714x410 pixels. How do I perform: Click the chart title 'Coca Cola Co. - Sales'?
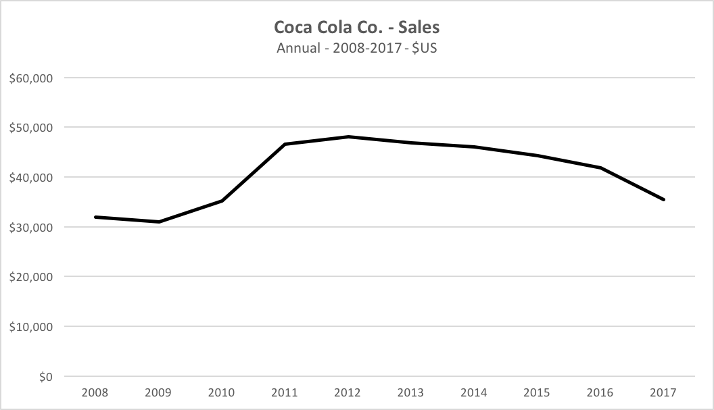pyautogui.click(x=356, y=28)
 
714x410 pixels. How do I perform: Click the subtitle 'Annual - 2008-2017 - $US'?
pyautogui.click(x=356, y=49)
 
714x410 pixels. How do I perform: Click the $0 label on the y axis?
pyautogui.click(x=45, y=376)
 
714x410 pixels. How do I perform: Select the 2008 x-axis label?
pyautogui.click(x=95, y=392)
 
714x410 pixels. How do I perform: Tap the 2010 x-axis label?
pyautogui.click(x=222, y=392)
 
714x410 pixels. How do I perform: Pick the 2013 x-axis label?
pyautogui.click(x=411, y=392)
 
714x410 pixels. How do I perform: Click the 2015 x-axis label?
pyautogui.click(x=538, y=392)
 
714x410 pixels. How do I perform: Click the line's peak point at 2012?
pyautogui.click(x=348, y=137)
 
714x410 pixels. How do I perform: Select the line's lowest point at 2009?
pyautogui.click(x=159, y=222)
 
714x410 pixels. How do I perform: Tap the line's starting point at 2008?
pyautogui.click(x=95, y=217)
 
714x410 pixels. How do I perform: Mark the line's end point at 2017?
pyautogui.click(x=664, y=199)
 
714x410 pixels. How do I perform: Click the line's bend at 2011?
pyautogui.click(x=285, y=144)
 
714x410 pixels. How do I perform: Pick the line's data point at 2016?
pyautogui.click(x=600, y=168)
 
